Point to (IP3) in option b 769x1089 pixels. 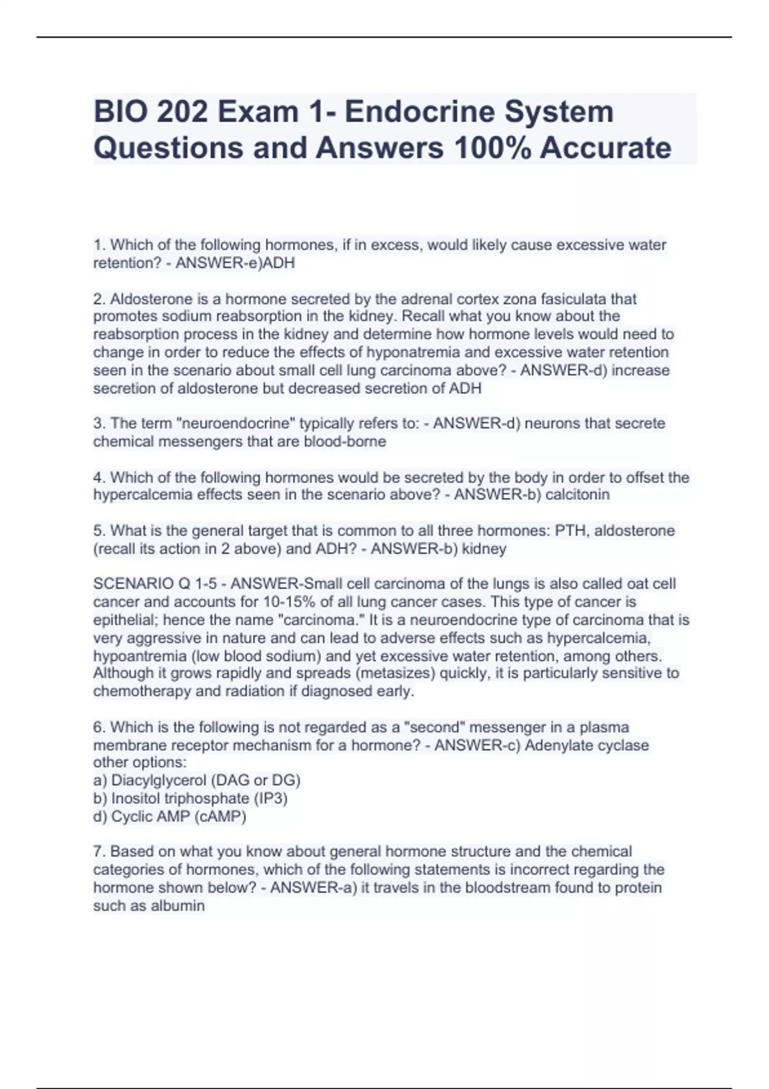click(x=270, y=798)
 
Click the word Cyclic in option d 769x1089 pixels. click(x=131, y=816)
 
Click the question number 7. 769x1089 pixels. click(x=99, y=851)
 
